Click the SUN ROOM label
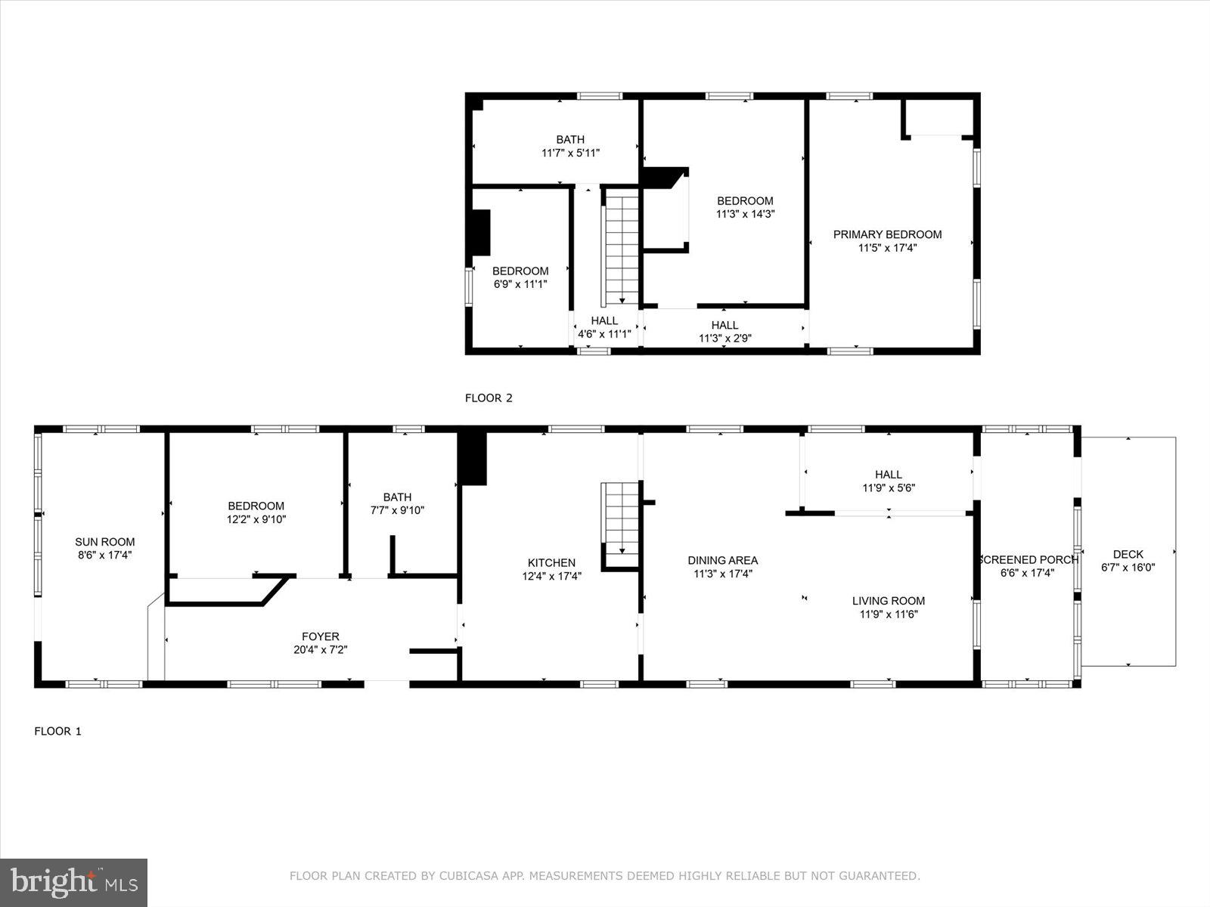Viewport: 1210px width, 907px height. point(104,541)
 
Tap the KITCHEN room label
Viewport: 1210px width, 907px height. point(551,562)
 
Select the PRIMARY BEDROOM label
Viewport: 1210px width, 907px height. point(887,234)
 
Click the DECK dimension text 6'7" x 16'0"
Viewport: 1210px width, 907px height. point(1128,568)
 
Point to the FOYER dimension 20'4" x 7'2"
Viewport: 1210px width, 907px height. point(320,649)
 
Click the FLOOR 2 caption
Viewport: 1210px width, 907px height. point(489,398)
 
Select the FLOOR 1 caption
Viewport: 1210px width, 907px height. point(57,731)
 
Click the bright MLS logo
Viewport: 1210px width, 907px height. point(73,882)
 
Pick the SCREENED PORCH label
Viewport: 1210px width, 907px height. point(1028,559)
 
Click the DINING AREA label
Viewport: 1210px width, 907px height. point(722,560)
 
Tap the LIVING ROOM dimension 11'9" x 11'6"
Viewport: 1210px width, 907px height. point(888,614)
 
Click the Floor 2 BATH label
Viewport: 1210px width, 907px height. point(570,139)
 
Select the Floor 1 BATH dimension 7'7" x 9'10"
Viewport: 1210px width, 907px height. point(397,510)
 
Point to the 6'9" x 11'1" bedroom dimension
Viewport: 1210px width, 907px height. point(520,284)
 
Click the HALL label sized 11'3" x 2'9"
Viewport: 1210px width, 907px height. point(724,325)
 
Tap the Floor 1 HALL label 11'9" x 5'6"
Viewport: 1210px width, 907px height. point(888,474)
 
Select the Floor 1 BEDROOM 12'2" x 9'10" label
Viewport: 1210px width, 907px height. point(256,506)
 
